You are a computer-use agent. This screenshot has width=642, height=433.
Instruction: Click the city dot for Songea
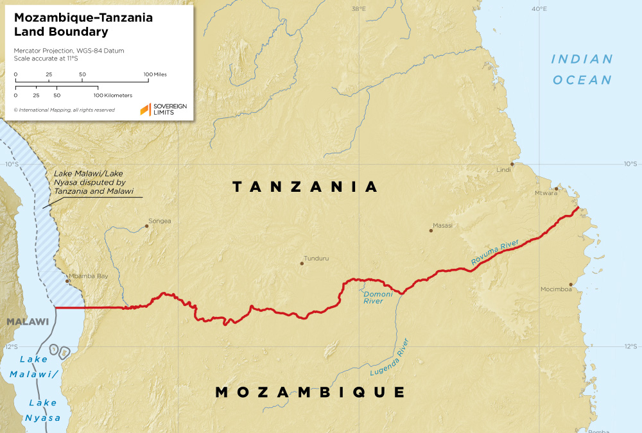point(146,226)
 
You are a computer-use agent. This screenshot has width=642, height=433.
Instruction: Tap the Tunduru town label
point(317,259)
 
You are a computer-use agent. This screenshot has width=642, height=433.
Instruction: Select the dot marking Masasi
point(431,230)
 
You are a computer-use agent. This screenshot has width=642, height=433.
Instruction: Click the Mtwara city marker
point(557,189)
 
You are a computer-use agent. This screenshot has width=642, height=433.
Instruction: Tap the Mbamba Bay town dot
point(67,280)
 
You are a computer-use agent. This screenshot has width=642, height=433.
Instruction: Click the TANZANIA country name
point(305,187)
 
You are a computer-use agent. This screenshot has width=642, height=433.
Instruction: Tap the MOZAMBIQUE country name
point(310,392)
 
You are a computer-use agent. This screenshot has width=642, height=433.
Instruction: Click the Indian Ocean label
point(582,69)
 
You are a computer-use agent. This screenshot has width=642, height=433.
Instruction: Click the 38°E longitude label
point(358,9)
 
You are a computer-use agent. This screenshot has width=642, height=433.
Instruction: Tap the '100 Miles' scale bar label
point(155,74)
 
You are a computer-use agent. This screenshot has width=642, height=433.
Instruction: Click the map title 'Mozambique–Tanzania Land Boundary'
point(83,24)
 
